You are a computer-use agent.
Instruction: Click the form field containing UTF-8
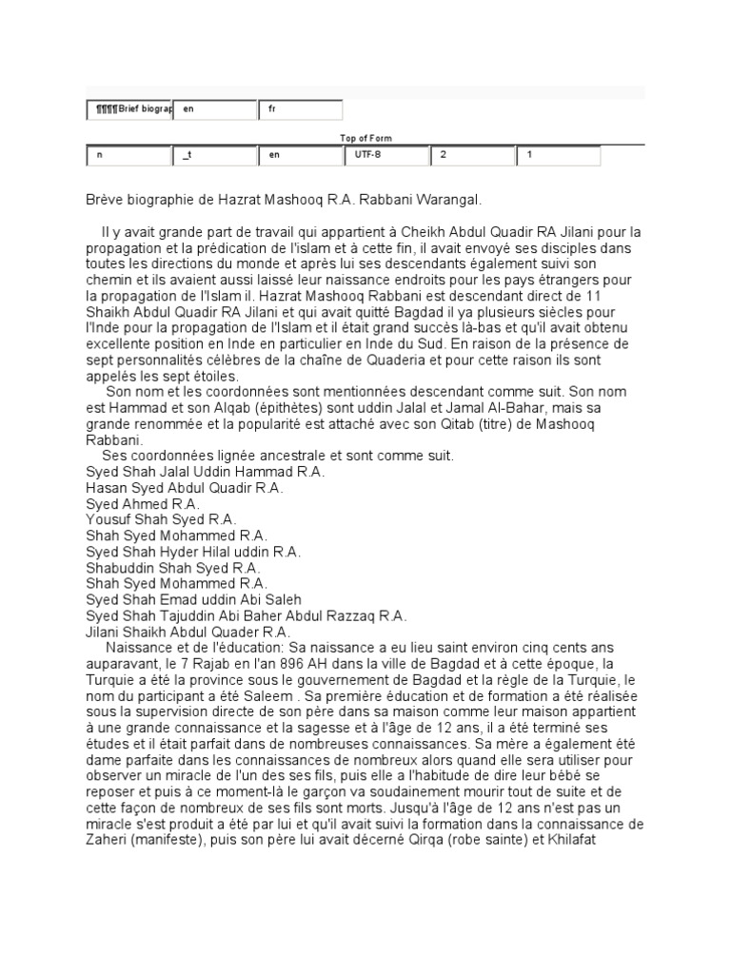[385, 155]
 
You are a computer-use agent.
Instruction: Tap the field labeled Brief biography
[129, 109]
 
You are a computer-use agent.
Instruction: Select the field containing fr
[300, 109]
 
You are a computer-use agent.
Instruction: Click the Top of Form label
[365, 138]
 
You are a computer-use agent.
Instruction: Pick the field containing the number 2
[471, 155]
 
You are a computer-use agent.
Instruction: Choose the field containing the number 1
[558, 155]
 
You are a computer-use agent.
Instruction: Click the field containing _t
[214, 155]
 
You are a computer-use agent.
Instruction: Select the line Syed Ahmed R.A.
[143, 503]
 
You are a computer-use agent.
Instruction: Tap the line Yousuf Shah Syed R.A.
[161, 519]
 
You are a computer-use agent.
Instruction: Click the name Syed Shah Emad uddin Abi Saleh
[193, 599]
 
